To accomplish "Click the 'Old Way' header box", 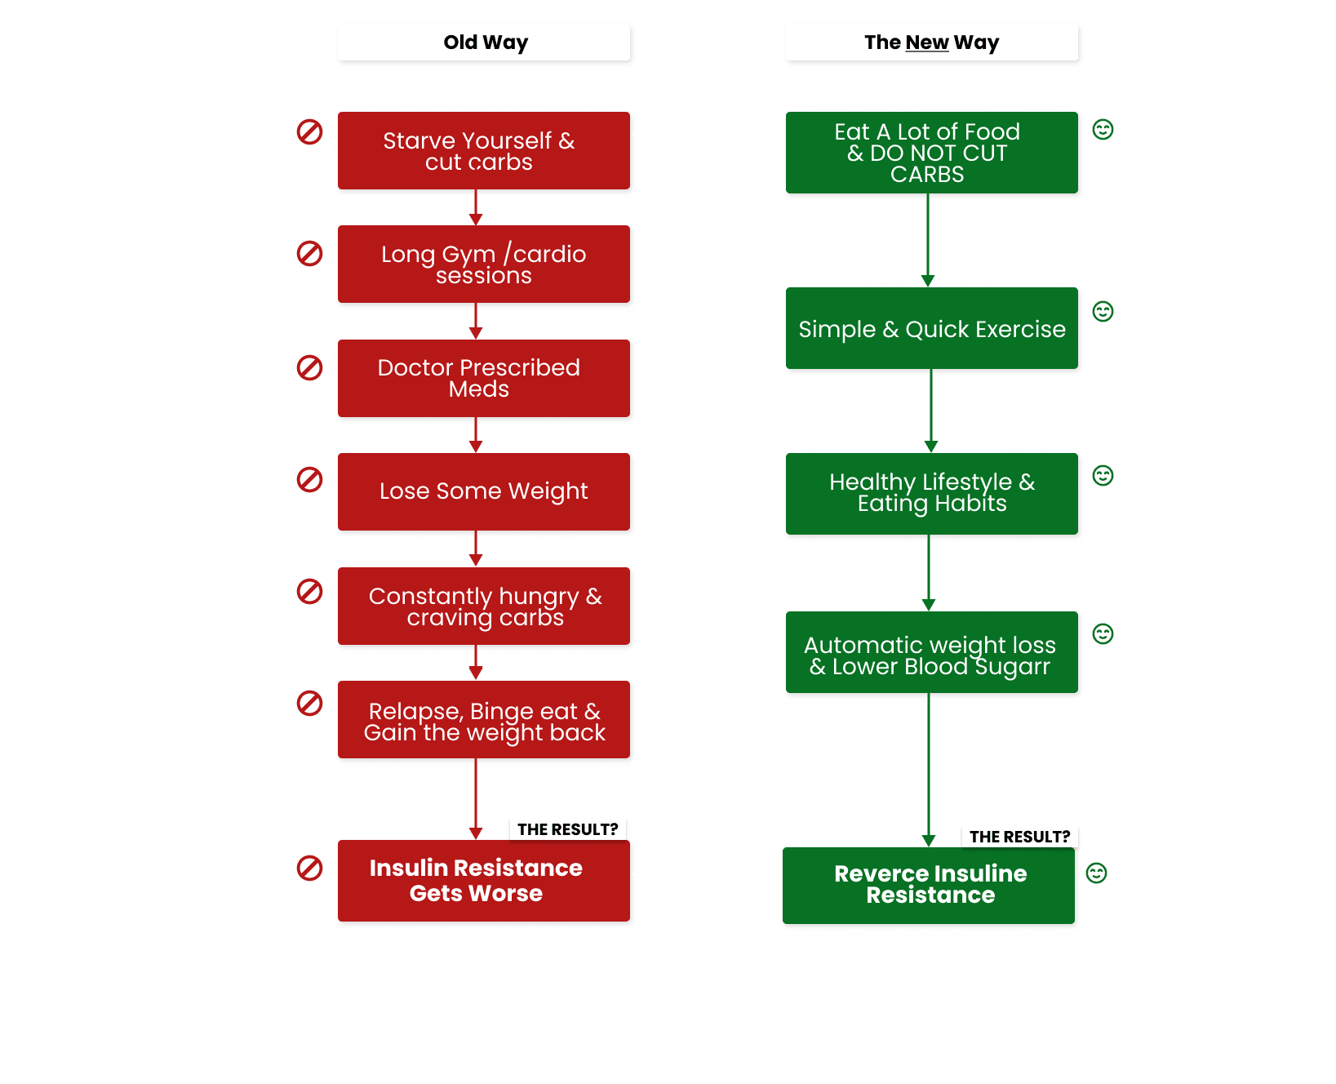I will coord(485,42).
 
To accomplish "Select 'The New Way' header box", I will coord(931,42).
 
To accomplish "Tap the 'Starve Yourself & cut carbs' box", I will coord(484,152).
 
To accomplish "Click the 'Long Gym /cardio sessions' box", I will coord(484,264).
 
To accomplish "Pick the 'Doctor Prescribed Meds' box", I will coord(484,379).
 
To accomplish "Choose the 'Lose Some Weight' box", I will coord(484,491).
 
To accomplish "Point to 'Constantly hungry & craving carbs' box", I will coord(484,606).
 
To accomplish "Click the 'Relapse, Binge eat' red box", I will coord(484,721).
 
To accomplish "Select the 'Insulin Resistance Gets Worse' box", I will coord(484,882).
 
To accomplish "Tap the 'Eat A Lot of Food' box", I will coord(932,153).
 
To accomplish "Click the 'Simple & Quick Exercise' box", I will coord(932,329).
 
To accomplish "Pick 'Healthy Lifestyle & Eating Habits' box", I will coord(932,493).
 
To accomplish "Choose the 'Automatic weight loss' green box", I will coord(932,655).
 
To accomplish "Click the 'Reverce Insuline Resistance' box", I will coord(930,885).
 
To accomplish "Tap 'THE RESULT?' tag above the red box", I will coord(567,829).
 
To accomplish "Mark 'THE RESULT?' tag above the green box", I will coord(1019,837).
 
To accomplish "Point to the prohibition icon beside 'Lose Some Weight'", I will coord(309,479).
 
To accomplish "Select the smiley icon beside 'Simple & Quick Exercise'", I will coord(1103,311).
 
